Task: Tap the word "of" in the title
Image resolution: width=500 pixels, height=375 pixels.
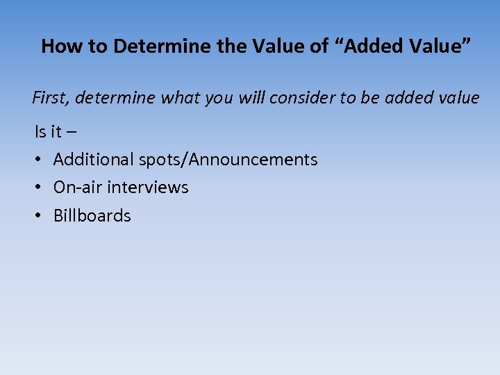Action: point(319,47)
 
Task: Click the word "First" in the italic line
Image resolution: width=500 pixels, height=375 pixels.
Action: point(51,98)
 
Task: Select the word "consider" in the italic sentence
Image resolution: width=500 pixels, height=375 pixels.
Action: point(301,98)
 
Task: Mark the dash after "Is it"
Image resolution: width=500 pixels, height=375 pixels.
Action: point(73,132)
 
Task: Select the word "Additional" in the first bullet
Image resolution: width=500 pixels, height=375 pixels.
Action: point(94,160)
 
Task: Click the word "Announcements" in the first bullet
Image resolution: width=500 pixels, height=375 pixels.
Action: point(253,160)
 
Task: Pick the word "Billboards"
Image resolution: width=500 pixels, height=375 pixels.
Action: point(92,216)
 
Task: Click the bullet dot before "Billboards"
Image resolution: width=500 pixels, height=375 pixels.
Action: point(39,216)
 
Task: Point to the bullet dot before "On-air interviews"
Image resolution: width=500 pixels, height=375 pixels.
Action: point(39,187)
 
